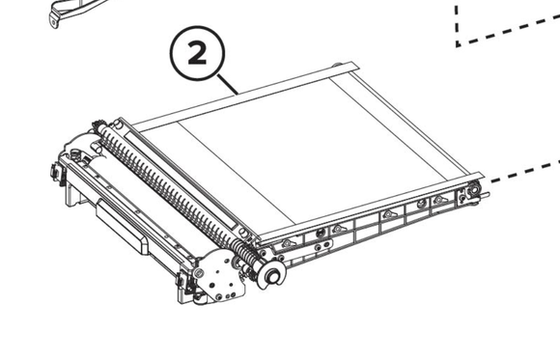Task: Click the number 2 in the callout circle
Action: (x=197, y=52)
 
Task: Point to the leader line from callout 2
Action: (x=227, y=85)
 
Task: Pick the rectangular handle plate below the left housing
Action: (x=123, y=227)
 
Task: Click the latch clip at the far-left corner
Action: (x=57, y=172)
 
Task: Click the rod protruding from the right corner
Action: (x=485, y=195)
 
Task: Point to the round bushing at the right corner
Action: (x=473, y=189)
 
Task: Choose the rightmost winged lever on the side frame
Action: (x=439, y=201)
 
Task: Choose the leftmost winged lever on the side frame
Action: (x=288, y=244)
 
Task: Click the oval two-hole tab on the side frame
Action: (x=322, y=246)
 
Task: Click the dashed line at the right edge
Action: (x=525, y=173)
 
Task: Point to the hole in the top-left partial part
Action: (x=53, y=22)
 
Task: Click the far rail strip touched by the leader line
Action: (x=244, y=95)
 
